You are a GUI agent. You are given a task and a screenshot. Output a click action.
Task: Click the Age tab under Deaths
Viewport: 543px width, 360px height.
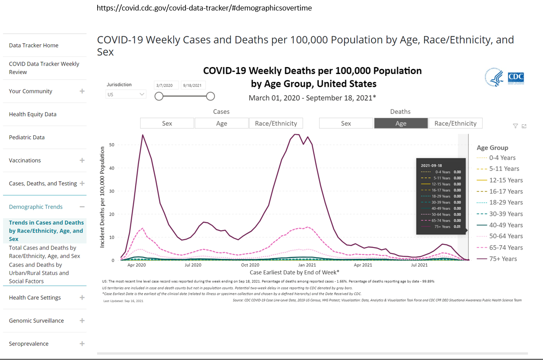pos(401,124)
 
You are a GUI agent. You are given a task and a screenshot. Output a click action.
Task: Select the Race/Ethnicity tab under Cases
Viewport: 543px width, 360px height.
pos(276,124)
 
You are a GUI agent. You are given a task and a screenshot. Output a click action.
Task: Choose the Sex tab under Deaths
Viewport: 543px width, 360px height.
pos(346,124)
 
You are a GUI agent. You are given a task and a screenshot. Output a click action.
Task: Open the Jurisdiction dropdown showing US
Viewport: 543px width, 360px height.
pos(126,94)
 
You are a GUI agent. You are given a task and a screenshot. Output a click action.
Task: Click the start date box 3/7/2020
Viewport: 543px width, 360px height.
pos(166,85)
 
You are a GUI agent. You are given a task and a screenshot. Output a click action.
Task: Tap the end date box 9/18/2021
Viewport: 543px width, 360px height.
pos(193,85)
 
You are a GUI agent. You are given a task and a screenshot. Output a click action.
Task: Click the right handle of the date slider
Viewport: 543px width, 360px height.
pos(210,96)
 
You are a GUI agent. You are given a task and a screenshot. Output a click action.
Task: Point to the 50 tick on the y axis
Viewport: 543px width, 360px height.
pos(112,145)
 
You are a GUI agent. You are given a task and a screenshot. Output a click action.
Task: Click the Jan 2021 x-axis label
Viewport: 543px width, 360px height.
pos(307,265)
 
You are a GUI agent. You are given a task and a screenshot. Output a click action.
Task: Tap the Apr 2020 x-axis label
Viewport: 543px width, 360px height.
pos(137,265)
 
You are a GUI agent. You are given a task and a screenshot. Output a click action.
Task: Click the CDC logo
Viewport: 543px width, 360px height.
pos(516,78)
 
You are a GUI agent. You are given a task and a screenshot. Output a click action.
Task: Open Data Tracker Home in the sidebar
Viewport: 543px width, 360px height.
pos(34,46)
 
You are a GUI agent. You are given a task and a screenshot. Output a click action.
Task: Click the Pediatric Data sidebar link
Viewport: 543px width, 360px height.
pos(27,138)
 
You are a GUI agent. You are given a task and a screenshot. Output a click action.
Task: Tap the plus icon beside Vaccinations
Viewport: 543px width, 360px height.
pos(82,160)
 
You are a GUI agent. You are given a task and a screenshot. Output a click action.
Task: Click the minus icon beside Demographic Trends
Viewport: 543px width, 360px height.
pos(82,207)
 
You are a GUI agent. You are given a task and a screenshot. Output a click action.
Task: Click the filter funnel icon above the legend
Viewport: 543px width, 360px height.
pos(515,126)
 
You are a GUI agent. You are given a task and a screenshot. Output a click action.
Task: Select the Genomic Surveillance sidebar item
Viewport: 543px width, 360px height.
pos(36,321)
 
